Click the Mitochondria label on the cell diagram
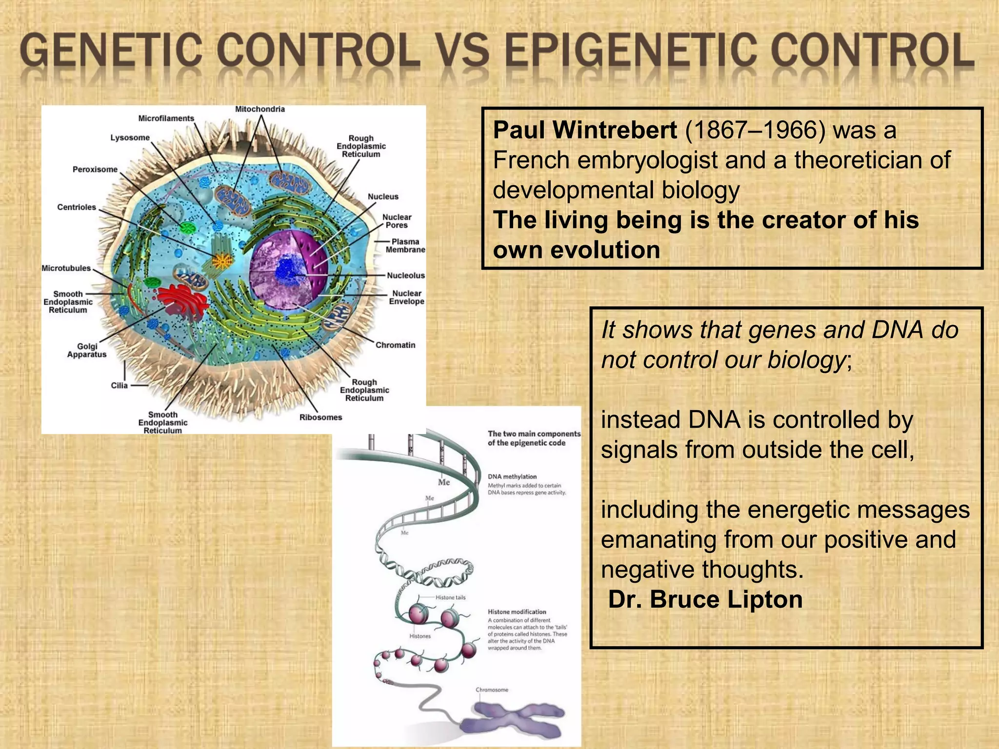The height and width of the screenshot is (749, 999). [260, 109]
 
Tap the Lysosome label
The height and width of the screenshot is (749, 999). [130, 138]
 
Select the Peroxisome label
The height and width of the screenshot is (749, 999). [95, 169]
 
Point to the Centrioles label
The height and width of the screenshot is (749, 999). [77, 207]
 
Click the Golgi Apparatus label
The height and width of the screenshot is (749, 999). [87, 350]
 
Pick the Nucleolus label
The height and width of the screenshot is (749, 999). [405, 276]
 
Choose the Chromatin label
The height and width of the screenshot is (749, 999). [395, 345]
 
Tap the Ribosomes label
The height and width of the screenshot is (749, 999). [320, 417]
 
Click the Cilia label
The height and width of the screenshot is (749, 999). [119, 385]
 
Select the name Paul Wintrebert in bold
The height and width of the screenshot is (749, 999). [584, 130]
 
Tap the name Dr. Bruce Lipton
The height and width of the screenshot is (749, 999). [705, 599]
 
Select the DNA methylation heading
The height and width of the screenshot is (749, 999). [512, 476]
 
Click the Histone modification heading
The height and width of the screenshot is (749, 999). [517, 611]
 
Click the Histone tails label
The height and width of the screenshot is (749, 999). [450, 597]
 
